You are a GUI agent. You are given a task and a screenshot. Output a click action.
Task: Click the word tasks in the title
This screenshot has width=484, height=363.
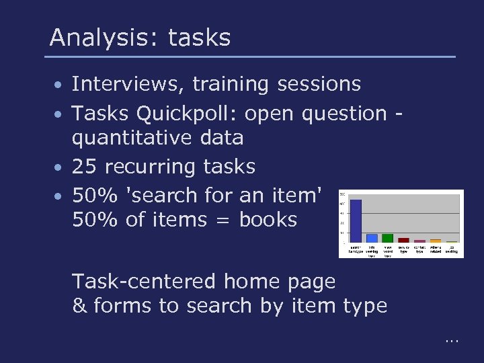pyautogui.click(x=199, y=37)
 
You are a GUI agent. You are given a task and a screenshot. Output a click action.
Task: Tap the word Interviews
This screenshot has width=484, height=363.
pyautogui.click(x=127, y=84)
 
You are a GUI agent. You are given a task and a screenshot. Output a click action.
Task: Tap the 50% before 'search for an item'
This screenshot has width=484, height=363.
pyautogui.click(x=93, y=195)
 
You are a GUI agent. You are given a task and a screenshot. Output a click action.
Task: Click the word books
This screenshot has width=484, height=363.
pyautogui.click(x=268, y=219)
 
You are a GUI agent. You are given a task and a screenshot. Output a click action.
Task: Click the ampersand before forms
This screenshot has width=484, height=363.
pyautogui.click(x=79, y=306)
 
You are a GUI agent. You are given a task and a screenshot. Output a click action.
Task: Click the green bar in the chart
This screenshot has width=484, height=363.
pyautogui.click(x=387, y=237)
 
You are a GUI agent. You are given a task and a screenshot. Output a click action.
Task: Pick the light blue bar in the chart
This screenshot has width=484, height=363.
pyautogui.click(x=372, y=238)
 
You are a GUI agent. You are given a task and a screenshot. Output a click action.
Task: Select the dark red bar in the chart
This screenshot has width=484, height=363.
pyautogui.click(x=403, y=239)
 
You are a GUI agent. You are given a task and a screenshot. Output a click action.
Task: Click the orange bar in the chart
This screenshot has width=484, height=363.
pyautogui.click(x=435, y=240)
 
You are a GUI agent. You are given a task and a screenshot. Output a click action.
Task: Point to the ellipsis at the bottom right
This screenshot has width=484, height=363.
pyautogui.click(x=451, y=341)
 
